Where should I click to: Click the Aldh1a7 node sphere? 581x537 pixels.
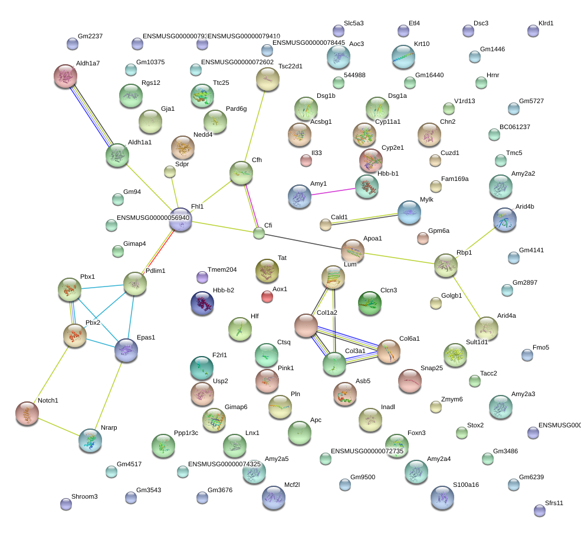point(65,75)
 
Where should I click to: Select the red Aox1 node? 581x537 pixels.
point(267,296)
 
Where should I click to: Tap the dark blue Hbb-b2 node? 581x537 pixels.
point(202,302)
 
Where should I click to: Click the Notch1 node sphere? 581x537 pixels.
point(27,413)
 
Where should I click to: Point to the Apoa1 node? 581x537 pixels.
point(353,251)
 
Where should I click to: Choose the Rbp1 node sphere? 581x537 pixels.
point(446,265)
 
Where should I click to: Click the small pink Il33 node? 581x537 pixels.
point(306,159)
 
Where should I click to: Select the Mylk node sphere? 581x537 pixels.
point(409,212)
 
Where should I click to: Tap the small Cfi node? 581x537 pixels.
point(259,233)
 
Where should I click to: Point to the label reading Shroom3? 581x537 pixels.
point(84,496)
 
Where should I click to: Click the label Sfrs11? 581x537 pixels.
point(554,503)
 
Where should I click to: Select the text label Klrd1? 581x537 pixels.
point(550,24)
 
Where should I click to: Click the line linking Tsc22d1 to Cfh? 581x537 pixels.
point(254,125)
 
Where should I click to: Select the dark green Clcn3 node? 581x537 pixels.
point(370,303)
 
